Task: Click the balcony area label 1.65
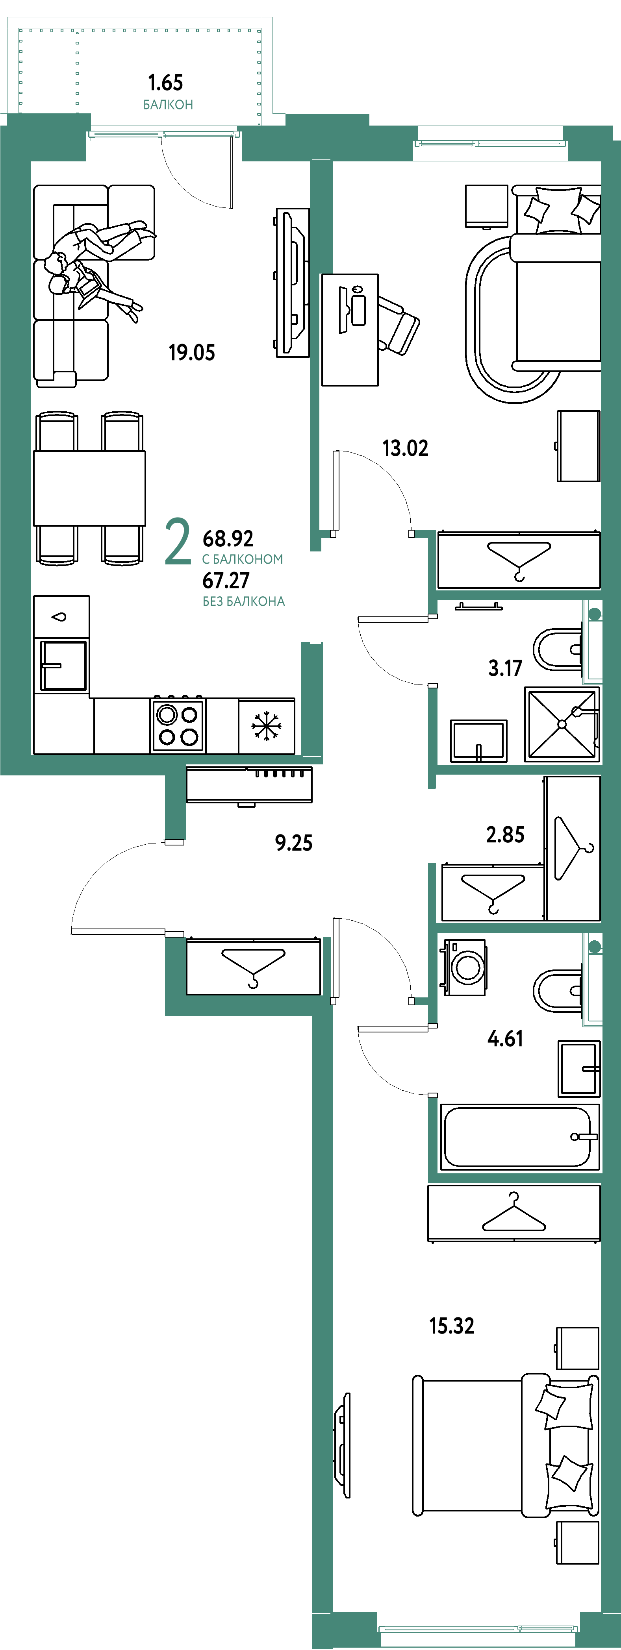165,83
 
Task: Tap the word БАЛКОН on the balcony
168,104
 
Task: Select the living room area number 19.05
192,352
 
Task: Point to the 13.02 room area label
405,448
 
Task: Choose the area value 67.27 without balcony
226,580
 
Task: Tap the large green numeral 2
178,542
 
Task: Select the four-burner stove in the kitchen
178,725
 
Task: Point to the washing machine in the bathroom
465,967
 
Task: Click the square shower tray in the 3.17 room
562,725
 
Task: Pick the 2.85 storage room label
505,834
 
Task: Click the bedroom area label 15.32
452,1326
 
